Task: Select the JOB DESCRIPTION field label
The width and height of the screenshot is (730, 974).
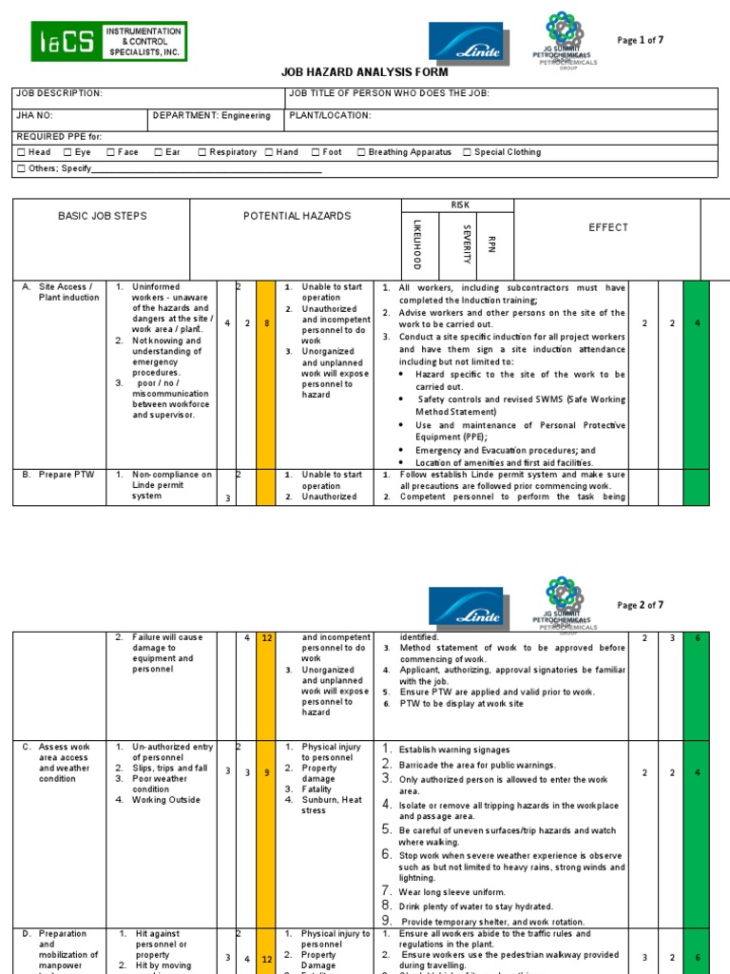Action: tap(58, 93)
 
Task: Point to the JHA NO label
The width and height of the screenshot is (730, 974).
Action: tap(34, 116)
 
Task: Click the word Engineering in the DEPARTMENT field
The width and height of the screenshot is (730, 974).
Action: tap(246, 116)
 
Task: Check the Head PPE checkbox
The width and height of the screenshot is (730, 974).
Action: tap(21, 152)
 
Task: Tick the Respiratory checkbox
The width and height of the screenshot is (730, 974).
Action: tap(202, 152)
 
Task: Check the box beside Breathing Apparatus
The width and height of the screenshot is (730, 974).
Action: tap(361, 152)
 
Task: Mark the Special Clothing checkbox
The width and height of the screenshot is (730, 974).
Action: tap(467, 152)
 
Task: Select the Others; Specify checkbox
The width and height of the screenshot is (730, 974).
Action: tap(21, 169)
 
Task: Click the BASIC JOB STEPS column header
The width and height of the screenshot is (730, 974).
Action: tap(103, 216)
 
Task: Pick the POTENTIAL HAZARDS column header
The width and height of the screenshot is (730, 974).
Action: tap(297, 216)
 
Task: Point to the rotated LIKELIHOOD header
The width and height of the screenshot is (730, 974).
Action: tap(416, 244)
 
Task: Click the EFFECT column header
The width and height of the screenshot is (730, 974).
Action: tap(608, 227)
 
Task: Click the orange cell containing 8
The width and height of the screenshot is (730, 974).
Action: tap(266, 324)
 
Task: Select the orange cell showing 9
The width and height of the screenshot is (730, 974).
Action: tap(266, 772)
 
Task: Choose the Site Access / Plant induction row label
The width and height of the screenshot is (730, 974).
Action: tap(67, 292)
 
